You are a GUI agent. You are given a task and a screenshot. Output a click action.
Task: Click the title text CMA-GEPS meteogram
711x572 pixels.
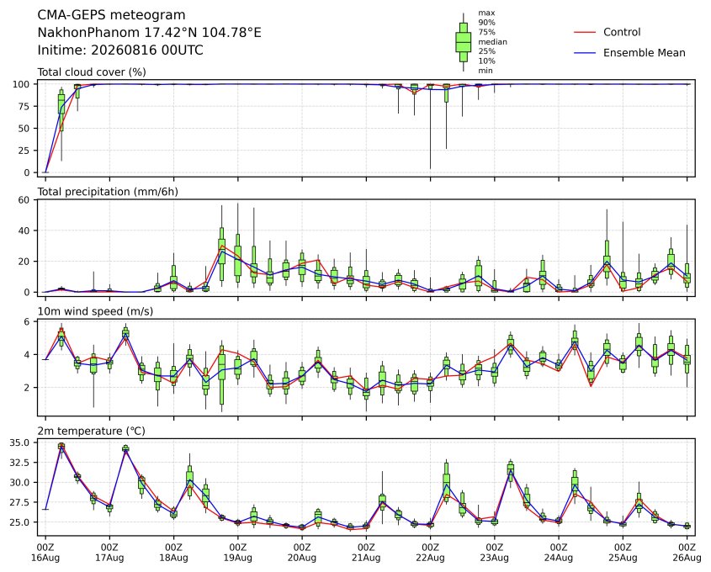coord(111,15)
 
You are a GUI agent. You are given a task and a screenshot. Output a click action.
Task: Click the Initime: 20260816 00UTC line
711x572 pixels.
coord(120,50)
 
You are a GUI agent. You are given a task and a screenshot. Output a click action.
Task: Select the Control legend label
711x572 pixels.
coord(622,32)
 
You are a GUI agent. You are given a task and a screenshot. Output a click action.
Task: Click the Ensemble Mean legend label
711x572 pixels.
coord(644,53)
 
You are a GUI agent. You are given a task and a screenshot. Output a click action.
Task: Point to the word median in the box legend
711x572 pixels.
coord(492,42)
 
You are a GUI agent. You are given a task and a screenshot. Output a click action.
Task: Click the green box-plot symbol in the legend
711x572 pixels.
coord(463,42)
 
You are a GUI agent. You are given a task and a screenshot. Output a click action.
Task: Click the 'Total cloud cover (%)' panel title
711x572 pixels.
coord(92,72)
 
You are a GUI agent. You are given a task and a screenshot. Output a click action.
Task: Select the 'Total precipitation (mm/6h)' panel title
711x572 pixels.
coord(108,192)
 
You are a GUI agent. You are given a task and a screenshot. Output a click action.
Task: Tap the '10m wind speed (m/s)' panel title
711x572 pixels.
coord(95,311)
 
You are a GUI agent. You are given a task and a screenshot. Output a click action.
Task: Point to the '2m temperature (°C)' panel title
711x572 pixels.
coord(91,431)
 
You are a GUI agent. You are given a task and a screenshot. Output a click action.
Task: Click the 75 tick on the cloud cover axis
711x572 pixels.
coord(23,107)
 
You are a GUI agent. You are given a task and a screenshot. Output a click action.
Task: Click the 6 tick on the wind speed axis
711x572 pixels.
coord(27,322)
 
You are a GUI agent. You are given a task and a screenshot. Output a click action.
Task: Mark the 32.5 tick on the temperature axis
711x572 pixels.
coord(20,463)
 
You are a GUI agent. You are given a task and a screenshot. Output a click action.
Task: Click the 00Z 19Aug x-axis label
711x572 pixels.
coord(237,552)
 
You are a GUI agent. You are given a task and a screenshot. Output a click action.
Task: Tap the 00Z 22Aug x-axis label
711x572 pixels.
coord(430,552)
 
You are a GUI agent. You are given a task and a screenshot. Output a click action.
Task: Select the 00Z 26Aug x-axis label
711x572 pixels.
coord(687,552)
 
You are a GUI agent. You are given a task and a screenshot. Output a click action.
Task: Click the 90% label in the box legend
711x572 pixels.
coord(486,23)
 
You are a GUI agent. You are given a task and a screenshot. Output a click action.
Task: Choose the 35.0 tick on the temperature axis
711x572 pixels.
coord(20,442)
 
